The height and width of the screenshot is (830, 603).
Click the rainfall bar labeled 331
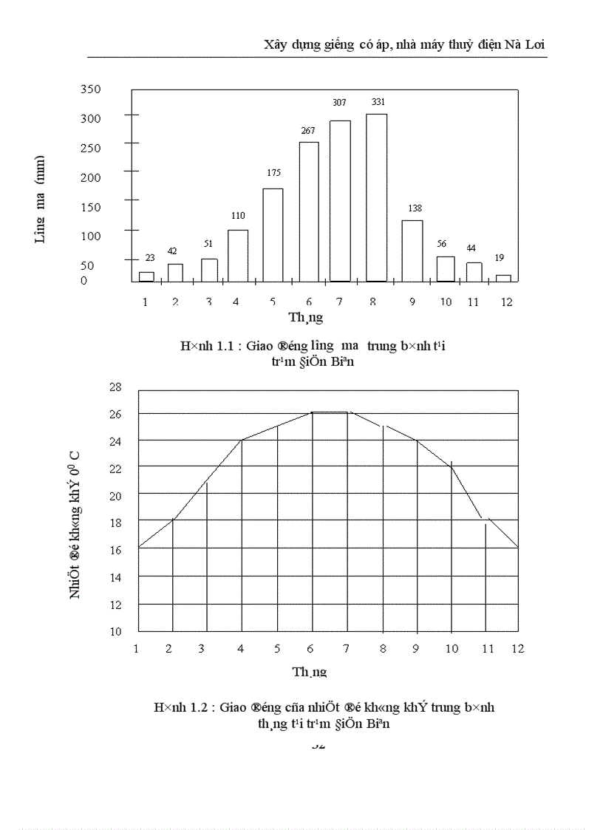click(x=376, y=197)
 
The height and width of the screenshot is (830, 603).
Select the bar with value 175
click(x=273, y=235)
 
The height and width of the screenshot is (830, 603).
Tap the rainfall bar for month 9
click(x=412, y=251)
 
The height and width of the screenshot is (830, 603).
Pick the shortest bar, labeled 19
click(x=503, y=278)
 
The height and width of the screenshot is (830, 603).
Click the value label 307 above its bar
click(x=339, y=103)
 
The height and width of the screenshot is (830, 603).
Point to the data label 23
click(x=149, y=258)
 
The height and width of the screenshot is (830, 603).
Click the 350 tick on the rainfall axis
click(x=91, y=89)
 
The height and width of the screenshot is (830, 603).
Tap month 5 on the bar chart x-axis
click(x=273, y=302)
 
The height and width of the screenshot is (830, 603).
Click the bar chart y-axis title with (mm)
click(x=41, y=199)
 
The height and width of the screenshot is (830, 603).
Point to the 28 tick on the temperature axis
click(x=115, y=387)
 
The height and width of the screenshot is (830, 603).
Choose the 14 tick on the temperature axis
click(x=115, y=576)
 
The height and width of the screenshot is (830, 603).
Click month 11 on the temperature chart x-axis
click(x=487, y=648)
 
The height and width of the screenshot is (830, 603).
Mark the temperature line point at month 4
click(x=242, y=440)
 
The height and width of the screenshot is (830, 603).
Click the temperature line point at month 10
click(x=452, y=466)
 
